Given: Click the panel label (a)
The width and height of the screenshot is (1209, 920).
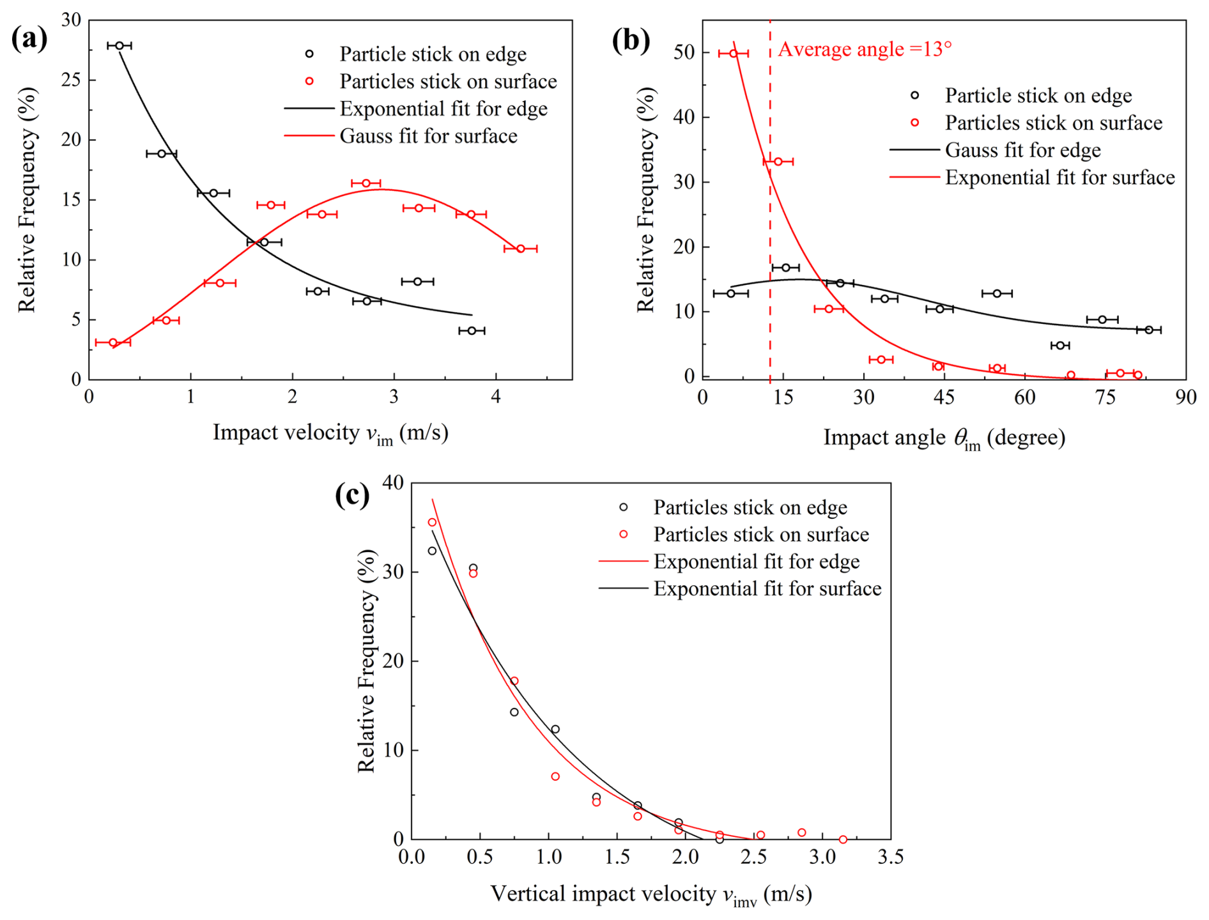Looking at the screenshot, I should (29, 39).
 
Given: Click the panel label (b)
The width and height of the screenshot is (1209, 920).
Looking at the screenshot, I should (631, 40).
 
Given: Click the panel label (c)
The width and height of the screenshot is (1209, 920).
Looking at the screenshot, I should (352, 495).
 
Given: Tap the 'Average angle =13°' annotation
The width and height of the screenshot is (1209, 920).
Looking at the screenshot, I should (864, 49).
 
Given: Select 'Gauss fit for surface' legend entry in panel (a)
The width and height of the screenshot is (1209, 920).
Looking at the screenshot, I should (428, 136).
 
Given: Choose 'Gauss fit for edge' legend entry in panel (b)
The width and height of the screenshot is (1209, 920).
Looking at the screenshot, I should (1022, 150).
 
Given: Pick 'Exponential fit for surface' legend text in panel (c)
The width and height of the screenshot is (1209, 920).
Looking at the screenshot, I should (767, 588).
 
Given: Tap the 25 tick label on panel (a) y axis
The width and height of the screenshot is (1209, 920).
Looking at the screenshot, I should (71, 80).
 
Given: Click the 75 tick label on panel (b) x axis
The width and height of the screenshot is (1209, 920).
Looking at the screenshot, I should (1105, 397).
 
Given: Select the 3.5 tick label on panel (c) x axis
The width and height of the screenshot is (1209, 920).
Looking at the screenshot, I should (890, 857).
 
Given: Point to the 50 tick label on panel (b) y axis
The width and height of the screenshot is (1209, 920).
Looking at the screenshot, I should (684, 52).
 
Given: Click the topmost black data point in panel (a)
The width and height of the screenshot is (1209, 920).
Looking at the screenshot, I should (119, 45).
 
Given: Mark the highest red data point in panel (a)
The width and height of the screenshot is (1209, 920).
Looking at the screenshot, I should (366, 183).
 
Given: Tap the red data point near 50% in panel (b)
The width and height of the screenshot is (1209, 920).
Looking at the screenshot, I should (734, 53).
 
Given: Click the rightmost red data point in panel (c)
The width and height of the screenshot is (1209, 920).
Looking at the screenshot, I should (843, 839).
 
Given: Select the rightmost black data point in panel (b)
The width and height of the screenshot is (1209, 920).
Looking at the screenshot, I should (1148, 330).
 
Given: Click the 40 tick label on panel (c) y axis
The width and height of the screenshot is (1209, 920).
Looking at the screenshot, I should (394, 483).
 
